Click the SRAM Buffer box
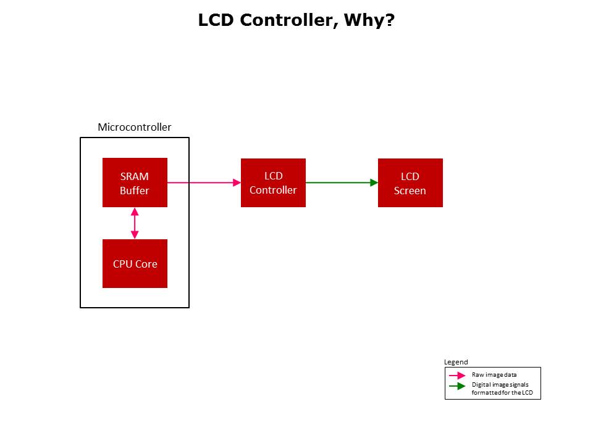[135, 183]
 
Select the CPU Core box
[135, 264]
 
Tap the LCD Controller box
[273, 183]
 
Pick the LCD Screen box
[410, 183]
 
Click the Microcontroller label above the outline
[135, 128]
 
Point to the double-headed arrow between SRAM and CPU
[135, 223]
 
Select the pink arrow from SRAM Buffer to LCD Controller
[204, 183]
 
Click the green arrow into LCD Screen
[342, 183]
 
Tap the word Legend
[456, 362]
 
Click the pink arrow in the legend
[457, 375]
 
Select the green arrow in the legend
[457, 387]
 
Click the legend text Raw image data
[494, 374]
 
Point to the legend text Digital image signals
[500, 385]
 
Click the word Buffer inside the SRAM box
[135, 191]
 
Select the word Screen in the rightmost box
[410, 191]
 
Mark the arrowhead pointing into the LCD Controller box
[237, 183]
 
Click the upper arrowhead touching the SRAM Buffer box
[135, 212]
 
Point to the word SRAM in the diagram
[135, 176]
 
